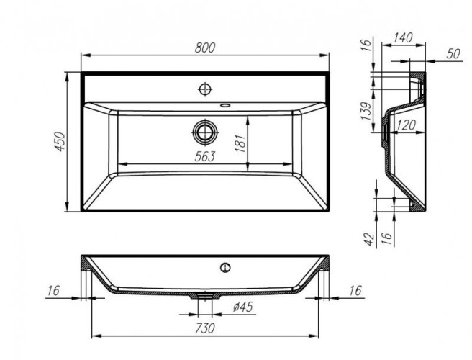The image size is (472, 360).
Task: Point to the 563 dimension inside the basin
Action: pos(204,157)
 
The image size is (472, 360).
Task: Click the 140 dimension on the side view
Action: pos(404,38)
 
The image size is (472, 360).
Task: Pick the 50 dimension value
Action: pos(453,55)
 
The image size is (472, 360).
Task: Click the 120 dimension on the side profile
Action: pos(407,126)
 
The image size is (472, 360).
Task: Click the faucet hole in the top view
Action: pos(205,89)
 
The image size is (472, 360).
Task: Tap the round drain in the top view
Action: pos(205,131)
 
